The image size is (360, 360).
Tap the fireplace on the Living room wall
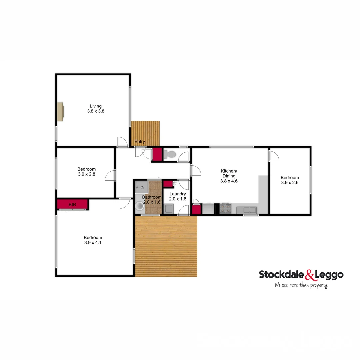point(60,111)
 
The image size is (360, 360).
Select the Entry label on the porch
point(140,142)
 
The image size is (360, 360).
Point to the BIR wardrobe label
point(72,204)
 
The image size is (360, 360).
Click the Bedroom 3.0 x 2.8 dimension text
point(86,174)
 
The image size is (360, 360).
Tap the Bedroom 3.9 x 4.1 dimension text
point(93,243)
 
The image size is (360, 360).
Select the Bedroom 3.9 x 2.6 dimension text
point(290,183)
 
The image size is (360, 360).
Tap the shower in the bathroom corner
point(142,187)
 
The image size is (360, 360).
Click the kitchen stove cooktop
point(225,209)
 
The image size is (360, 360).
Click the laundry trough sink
point(168,209)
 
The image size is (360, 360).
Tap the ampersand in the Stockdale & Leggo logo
point(309,275)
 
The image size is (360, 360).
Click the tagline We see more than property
point(301,285)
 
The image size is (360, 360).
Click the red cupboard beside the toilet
point(157,154)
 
